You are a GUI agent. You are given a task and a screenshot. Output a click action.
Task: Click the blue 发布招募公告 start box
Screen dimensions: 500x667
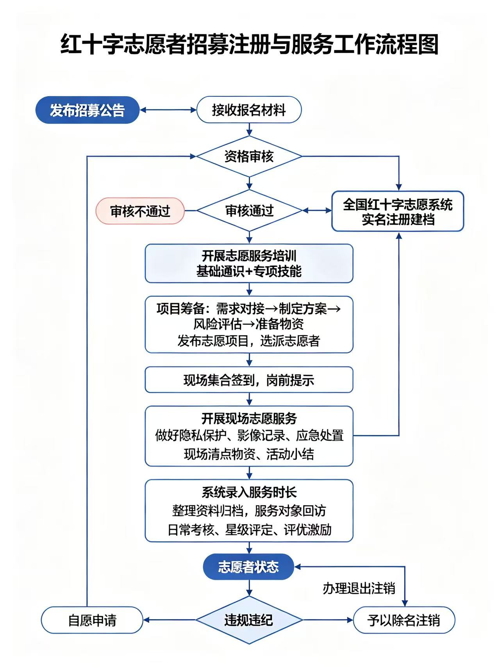pyautogui.click(x=87, y=110)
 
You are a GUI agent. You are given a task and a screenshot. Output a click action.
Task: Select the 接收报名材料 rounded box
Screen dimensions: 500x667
pyautogui.click(x=249, y=110)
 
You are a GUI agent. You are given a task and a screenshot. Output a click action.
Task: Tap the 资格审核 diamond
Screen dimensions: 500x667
pyautogui.click(x=249, y=156)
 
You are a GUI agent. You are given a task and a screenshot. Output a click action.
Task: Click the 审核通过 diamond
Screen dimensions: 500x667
pyautogui.click(x=249, y=211)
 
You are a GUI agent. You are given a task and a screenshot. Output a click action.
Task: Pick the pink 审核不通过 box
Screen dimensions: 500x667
pyautogui.click(x=140, y=211)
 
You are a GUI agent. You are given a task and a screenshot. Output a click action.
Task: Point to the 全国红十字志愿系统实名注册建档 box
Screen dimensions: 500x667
pyautogui.click(x=398, y=211)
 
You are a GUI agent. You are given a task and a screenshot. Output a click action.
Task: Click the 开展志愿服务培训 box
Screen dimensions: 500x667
pyautogui.click(x=249, y=263)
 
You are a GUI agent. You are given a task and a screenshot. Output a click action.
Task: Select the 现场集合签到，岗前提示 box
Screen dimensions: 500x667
pyautogui.click(x=249, y=379)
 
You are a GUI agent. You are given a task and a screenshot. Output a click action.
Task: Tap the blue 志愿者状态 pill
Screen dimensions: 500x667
pyautogui.click(x=248, y=567)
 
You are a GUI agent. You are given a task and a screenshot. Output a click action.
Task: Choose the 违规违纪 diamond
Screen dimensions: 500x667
pyautogui.click(x=249, y=620)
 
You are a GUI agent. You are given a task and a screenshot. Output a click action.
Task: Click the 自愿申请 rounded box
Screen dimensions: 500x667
pyautogui.click(x=92, y=620)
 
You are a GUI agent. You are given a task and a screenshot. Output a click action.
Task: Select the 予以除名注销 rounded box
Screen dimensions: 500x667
pyautogui.click(x=404, y=620)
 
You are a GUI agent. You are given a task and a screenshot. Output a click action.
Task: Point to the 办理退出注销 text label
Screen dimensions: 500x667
pyautogui.click(x=359, y=588)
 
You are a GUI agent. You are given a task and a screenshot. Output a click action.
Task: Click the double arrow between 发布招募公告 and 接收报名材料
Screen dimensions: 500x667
pyautogui.click(x=168, y=110)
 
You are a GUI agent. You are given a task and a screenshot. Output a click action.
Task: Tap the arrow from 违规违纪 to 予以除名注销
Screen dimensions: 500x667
pyautogui.click(x=328, y=620)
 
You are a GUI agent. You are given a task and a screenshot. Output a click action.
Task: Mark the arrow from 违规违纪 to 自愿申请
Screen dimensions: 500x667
pyautogui.click(x=169, y=620)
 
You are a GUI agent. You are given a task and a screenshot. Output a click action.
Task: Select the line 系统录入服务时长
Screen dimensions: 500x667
pyautogui.click(x=249, y=492)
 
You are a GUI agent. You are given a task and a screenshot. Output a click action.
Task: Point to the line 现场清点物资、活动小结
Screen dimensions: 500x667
pyautogui.click(x=249, y=454)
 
